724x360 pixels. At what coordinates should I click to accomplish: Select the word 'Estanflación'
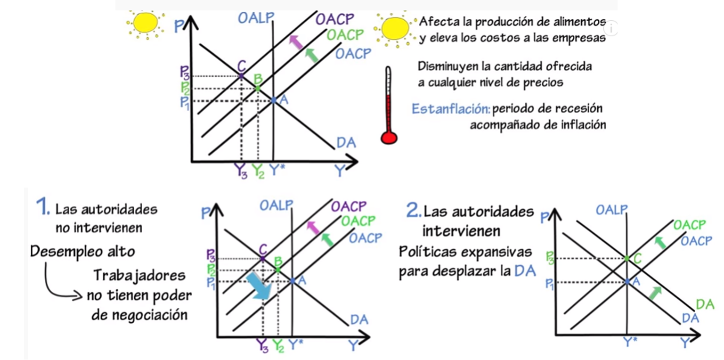pyautogui.click(x=450, y=109)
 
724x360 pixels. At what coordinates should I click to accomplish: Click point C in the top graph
pyautogui.click(x=241, y=75)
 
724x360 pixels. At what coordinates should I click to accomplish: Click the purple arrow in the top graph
pyautogui.click(x=295, y=42)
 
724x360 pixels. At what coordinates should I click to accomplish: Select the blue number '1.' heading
pyautogui.click(x=42, y=208)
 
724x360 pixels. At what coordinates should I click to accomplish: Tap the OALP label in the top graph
pyautogui.click(x=255, y=18)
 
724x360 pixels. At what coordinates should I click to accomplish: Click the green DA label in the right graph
pyautogui.click(x=705, y=304)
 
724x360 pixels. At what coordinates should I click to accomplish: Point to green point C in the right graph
pyautogui.click(x=627, y=258)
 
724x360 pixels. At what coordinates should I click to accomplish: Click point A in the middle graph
pyautogui.click(x=293, y=281)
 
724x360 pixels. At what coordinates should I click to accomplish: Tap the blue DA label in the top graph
pyautogui.click(x=346, y=142)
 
